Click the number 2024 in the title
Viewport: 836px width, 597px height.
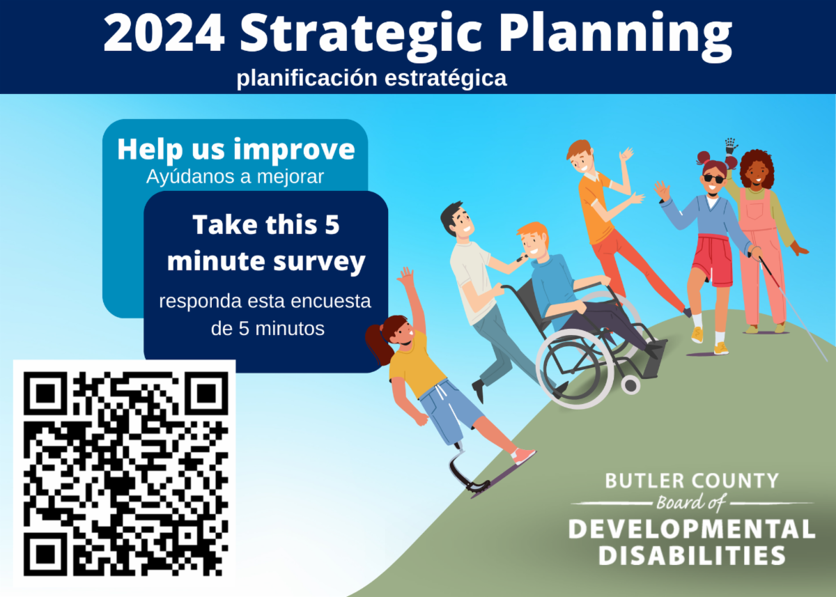(x=164, y=33)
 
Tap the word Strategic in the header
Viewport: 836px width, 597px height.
(x=359, y=36)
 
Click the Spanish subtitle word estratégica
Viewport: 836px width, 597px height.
(x=446, y=78)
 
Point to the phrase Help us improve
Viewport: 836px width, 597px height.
(x=236, y=150)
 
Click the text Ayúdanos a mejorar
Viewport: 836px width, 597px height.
(x=235, y=176)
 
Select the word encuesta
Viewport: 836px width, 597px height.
(x=331, y=301)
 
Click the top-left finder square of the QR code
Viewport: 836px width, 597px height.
(x=45, y=394)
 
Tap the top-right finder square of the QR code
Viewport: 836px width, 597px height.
(x=206, y=394)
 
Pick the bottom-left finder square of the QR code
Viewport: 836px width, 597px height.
(x=45, y=554)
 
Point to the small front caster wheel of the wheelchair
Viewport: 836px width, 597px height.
(x=630, y=385)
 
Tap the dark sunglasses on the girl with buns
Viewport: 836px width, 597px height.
(x=714, y=178)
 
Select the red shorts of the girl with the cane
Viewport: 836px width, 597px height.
(x=712, y=261)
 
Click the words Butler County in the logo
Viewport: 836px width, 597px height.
(x=692, y=481)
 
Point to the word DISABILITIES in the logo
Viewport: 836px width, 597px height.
(x=692, y=556)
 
